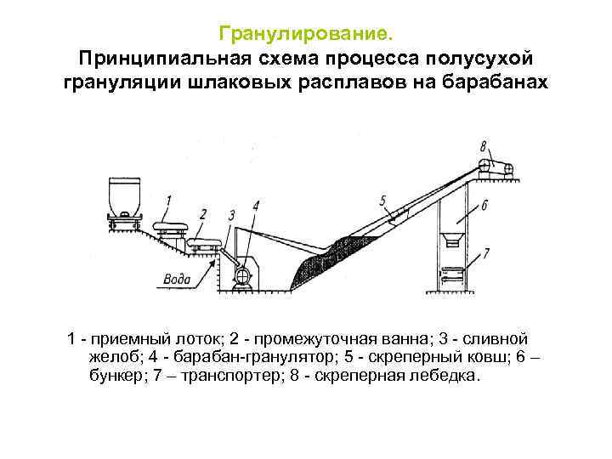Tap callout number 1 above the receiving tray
167,201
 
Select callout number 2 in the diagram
201,213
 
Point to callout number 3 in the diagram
231,215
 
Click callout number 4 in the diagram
255,205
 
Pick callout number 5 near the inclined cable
382,201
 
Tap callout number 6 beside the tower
484,206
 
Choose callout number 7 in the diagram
485,252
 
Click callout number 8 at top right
483,144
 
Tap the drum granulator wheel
242,274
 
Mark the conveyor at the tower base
452,274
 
